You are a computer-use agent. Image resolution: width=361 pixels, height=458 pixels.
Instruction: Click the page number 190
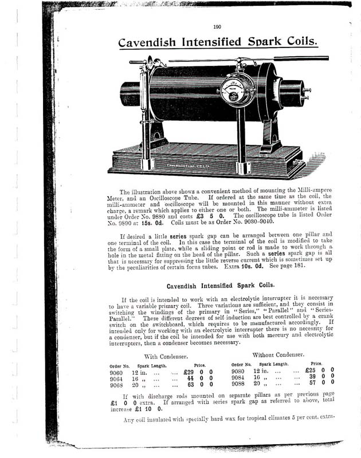[217, 26]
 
